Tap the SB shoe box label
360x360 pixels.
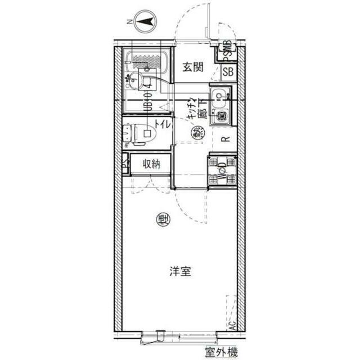[x=228, y=71]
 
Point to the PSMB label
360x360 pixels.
[x=228, y=49]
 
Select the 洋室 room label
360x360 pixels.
[x=180, y=272]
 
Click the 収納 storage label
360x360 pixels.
[x=151, y=164]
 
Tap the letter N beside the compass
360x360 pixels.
[x=129, y=22]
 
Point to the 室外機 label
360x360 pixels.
[x=221, y=353]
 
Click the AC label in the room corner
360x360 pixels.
[x=231, y=325]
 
